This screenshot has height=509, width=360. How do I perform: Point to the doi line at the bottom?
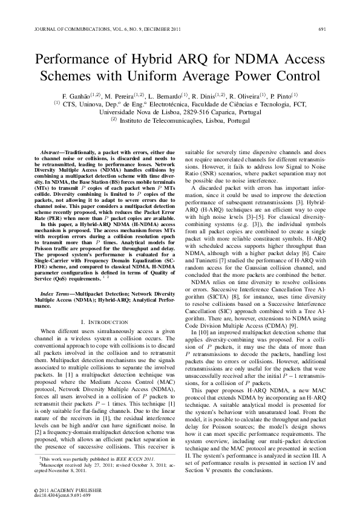coord(63,494)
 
